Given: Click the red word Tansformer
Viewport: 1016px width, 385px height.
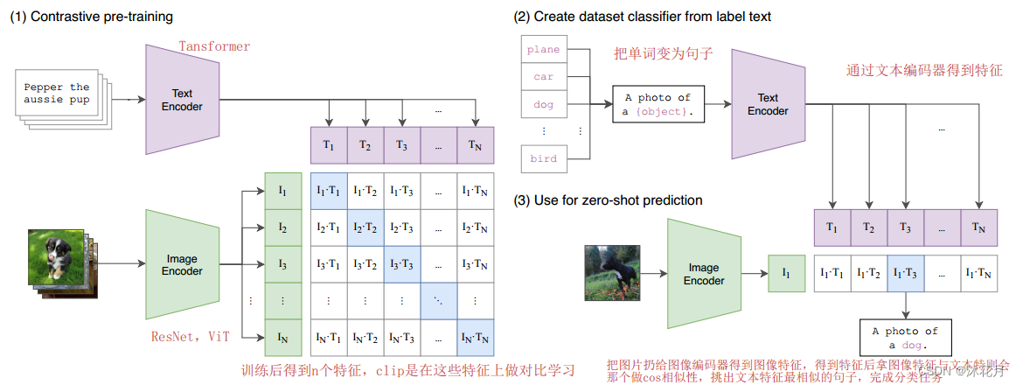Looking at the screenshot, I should tap(214, 45).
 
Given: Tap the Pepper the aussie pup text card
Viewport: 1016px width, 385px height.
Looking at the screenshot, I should tap(56, 94).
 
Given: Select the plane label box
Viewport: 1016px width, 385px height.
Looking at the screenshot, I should tap(543, 49).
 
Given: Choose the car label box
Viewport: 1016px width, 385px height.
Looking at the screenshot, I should tap(543, 77).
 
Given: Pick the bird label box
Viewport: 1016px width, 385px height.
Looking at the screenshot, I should tap(543, 158).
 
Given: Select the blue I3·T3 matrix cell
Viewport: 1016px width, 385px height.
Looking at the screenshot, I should tap(401, 264).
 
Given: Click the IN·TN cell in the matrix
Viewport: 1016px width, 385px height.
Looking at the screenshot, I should tap(475, 337).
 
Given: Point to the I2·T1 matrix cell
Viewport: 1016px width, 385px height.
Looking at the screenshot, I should tap(328, 227).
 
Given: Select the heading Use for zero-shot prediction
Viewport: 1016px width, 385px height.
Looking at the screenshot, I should tap(609, 201).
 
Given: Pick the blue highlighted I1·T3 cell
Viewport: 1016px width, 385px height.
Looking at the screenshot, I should tap(905, 274).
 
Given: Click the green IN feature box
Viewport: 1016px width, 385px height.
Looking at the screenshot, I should tap(282, 337).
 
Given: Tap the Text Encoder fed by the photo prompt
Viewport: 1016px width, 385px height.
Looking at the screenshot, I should tap(768, 104).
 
